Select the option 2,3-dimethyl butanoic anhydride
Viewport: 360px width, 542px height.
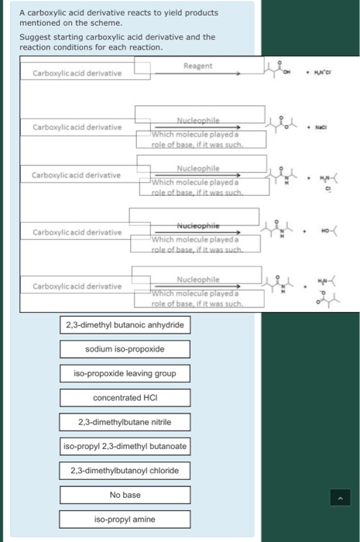click(125, 324)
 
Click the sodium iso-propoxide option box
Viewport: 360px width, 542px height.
click(125, 349)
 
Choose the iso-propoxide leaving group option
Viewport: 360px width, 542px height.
click(125, 373)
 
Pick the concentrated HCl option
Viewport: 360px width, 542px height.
click(125, 397)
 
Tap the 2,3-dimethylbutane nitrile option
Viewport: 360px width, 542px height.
click(125, 422)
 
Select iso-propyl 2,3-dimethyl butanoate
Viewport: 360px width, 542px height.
click(125, 446)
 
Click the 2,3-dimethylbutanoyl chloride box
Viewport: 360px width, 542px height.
click(125, 470)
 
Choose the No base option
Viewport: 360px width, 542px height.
click(125, 495)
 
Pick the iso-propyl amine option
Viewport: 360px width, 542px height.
click(125, 519)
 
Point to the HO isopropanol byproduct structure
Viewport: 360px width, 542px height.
click(328, 229)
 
